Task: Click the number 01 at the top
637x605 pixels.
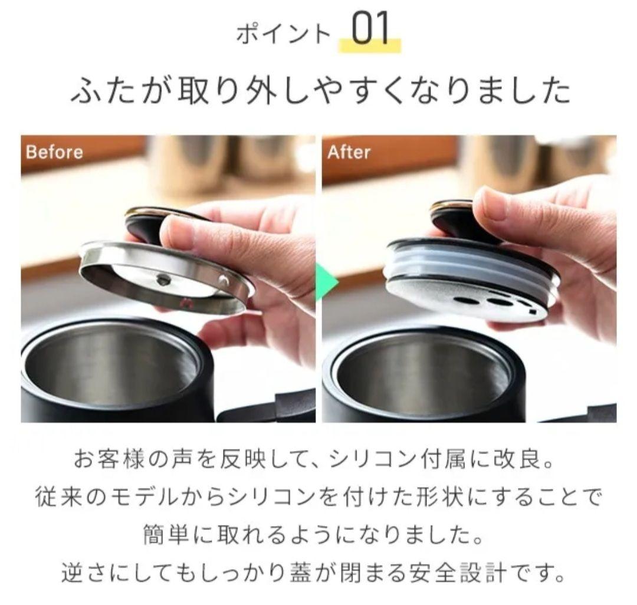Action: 370,31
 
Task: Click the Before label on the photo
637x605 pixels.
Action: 54,152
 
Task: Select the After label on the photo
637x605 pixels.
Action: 349,152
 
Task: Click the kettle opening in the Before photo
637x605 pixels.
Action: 112,369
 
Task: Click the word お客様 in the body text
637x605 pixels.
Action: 113,459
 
